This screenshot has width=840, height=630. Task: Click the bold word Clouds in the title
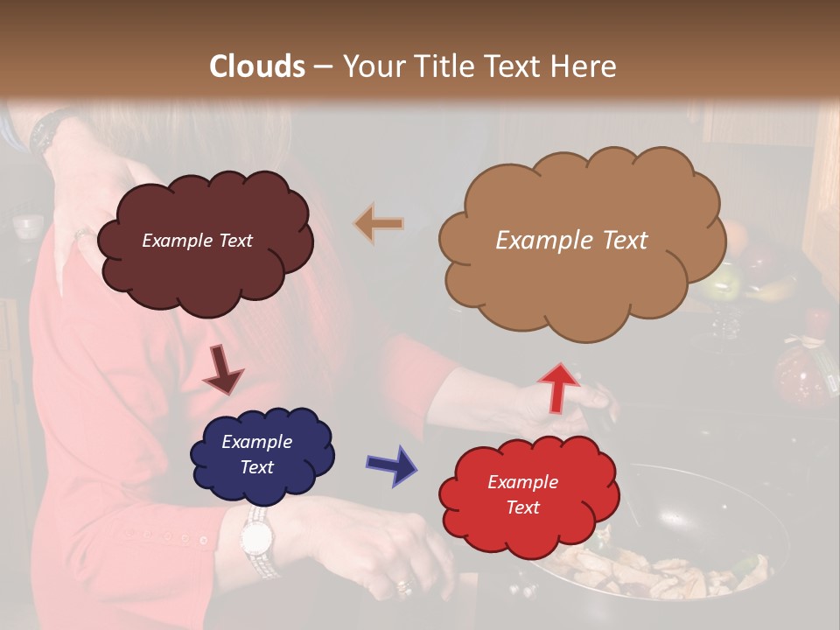pos(258,66)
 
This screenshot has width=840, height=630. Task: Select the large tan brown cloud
pos(577,280)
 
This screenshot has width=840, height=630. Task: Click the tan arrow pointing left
pos(379,224)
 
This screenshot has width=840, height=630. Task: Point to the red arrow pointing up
pos(560,386)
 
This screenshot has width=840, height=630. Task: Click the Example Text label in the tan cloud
pos(571,240)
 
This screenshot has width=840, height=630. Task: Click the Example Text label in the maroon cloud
pos(197,241)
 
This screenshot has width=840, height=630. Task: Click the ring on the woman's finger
pos(404,584)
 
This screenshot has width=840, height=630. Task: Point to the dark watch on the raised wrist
pos(44,131)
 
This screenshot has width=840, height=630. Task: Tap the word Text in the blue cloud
pos(257,467)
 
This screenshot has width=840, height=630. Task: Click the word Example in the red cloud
pos(522,482)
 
